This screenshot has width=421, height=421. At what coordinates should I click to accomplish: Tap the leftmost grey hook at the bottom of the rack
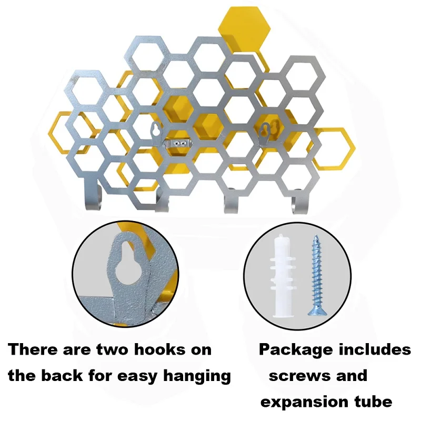[91, 198]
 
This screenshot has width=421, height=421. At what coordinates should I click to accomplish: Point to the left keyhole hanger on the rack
[156, 129]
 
